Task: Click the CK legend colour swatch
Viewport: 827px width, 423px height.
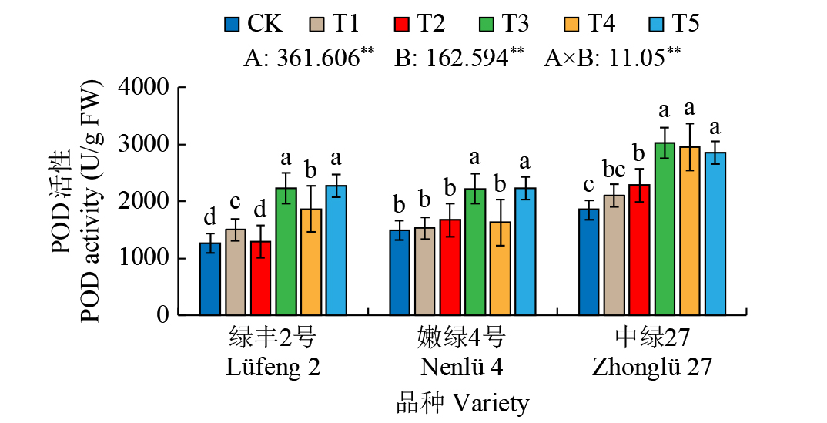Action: pyautogui.click(x=233, y=24)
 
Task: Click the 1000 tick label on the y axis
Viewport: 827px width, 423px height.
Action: pyautogui.click(x=145, y=258)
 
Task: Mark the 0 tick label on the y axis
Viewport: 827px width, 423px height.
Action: pyautogui.click(x=162, y=315)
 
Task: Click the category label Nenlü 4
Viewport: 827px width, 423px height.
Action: pyautogui.click(x=462, y=367)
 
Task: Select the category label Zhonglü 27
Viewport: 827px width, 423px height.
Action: pyautogui.click(x=652, y=367)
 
